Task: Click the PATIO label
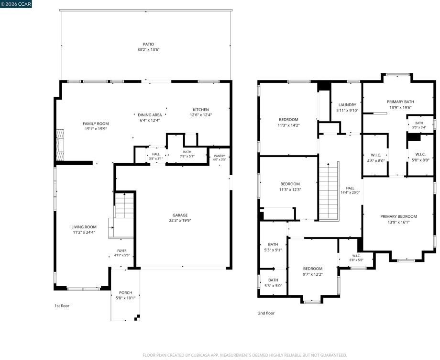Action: pyautogui.click(x=148, y=45)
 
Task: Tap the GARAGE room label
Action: pyautogui.click(x=180, y=215)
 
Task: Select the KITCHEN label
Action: pyautogui.click(x=201, y=110)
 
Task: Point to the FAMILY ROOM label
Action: pyautogui.click(x=96, y=124)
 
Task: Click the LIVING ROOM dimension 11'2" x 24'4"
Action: pyautogui.click(x=84, y=232)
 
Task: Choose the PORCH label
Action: pyautogui.click(x=125, y=292)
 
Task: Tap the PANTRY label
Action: pyautogui.click(x=220, y=156)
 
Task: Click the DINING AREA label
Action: pyautogui.click(x=150, y=115)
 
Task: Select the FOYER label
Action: pyautogui.click(x=122, y=251)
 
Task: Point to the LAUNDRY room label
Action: pyautogui.click(x=347, y=105)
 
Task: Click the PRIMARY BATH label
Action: pyautogui.click(x=400, y=101)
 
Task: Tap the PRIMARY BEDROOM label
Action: pyautogui.click(x=398, y=216)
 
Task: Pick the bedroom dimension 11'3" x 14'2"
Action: pyautogui.click(x=288, y=125)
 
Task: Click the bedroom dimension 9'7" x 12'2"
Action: pyautogui.click(x=313, y=274)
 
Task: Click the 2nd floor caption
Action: pyautogui.click(x=266, y=313)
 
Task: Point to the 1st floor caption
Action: pyautogui.click(x=62, y=306)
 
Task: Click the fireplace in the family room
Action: pyautogui.click(x=60, y=145)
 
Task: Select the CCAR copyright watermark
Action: pyautogui.click(x=16, y=4)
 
